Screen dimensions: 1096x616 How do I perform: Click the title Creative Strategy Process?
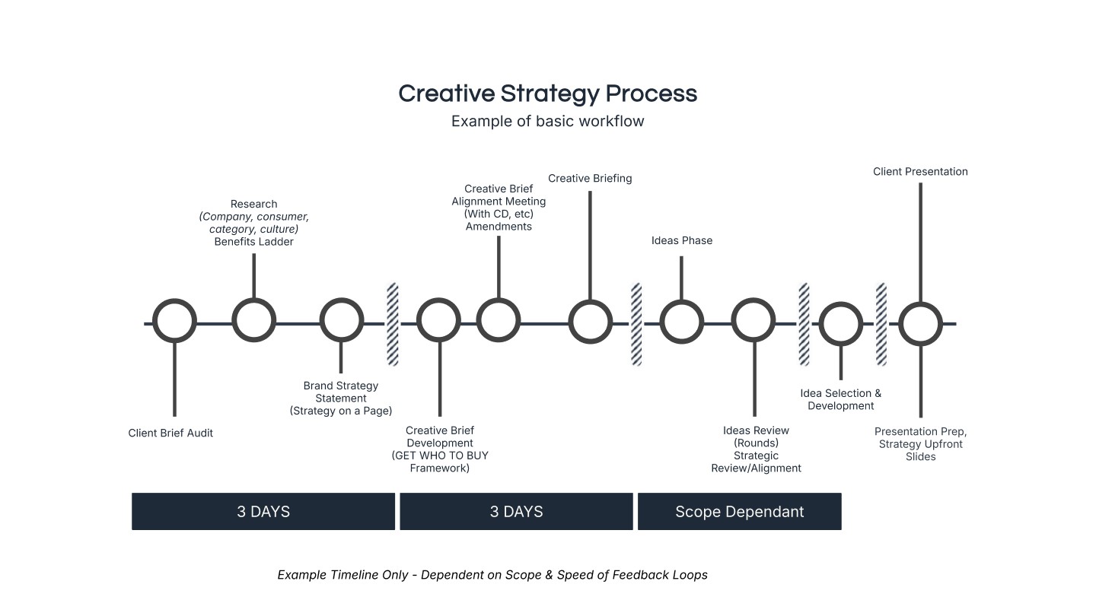(547, 94)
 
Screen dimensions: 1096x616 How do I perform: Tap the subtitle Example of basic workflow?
(547, 122)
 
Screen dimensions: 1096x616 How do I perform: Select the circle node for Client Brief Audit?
(174, 321)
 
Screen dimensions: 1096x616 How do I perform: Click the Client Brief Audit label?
(170, 433)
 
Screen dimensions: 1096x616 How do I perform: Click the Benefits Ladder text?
(253, 242)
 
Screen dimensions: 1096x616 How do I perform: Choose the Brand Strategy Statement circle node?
(341, 321)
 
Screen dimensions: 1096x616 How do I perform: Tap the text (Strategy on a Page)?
(341, 411)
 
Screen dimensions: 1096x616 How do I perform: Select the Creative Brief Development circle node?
(439, 321)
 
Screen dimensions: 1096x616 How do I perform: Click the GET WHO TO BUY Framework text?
(440, 462)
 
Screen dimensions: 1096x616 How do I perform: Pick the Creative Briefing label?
(590, 179)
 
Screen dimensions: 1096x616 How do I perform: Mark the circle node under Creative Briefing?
(590, 321)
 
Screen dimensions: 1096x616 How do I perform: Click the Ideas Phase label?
(682, 241)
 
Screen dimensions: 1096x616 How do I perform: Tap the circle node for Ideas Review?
(753, 321)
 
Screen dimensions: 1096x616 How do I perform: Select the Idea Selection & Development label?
(840, 399)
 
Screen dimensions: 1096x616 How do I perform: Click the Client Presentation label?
(920, 172)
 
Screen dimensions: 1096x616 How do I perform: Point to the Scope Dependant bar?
(739, 511)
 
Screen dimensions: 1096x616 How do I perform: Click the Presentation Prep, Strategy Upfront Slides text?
(920, 444)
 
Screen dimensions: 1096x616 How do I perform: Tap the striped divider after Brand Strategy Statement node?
(393, 324)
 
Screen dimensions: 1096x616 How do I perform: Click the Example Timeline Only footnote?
(492, 575)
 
